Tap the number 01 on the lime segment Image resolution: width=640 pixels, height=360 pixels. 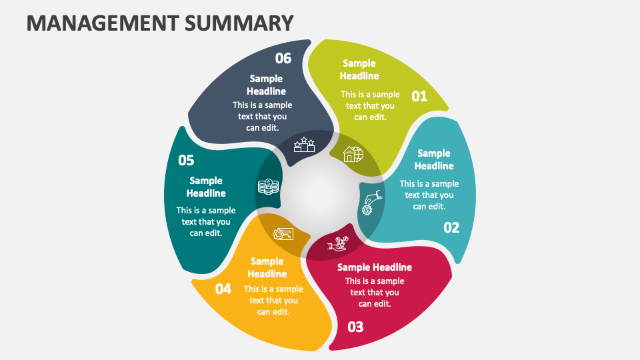coord(419,97)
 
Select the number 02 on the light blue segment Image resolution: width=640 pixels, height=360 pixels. coord(451,228)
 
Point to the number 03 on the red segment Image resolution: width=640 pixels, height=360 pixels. coord(355,327)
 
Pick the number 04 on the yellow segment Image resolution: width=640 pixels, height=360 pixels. coord(223,289)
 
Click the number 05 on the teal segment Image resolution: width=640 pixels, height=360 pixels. coord(186,161)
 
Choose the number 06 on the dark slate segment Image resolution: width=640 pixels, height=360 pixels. coord(283,59)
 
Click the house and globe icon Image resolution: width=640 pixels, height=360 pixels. coord(353,155)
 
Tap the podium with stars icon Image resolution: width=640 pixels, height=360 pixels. coord(304,145)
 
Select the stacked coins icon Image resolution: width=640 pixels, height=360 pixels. coord(267,187)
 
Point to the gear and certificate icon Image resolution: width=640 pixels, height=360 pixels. coord(283,233)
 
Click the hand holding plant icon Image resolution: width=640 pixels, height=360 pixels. coord(338,245)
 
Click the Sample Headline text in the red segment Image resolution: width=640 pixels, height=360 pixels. coord(375,267)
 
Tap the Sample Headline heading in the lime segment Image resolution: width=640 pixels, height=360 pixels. coord(359,69)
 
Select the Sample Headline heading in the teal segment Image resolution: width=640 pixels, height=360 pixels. coord(206,187)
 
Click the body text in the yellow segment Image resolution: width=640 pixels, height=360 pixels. coord(273,300)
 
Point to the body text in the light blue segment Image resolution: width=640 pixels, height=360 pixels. coord(429,195)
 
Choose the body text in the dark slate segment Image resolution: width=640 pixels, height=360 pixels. coord(262,116)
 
